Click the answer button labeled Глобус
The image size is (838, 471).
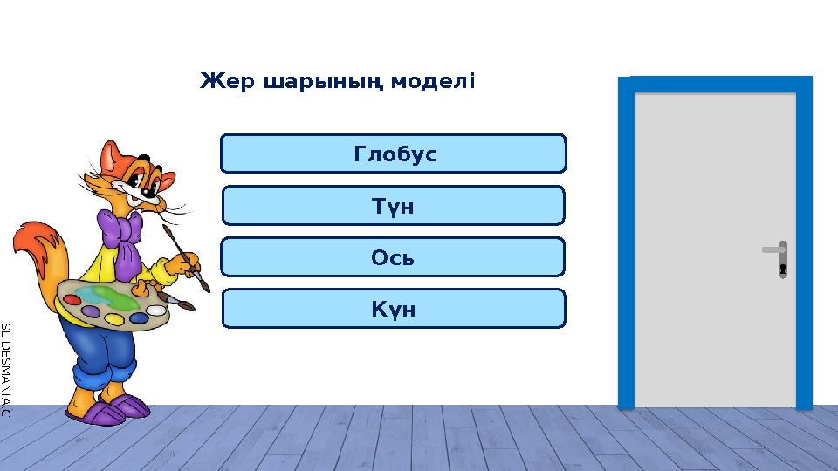click(394, 154)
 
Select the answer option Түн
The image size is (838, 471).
click(394, 206)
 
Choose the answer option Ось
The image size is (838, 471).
click(393, 257)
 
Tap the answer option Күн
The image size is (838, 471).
click(394, 309)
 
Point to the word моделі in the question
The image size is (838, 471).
click(433, 82)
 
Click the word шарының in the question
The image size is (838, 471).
click(317, 83)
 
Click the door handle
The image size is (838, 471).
click(773, 250)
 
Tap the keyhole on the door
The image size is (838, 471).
click(783, 269)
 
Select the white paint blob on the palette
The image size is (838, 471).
click(157, 310)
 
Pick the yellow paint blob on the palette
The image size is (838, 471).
click(113, 319)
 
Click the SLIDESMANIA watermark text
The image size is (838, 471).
click(5, 366)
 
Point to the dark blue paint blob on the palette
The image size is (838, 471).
click(138, 317)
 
